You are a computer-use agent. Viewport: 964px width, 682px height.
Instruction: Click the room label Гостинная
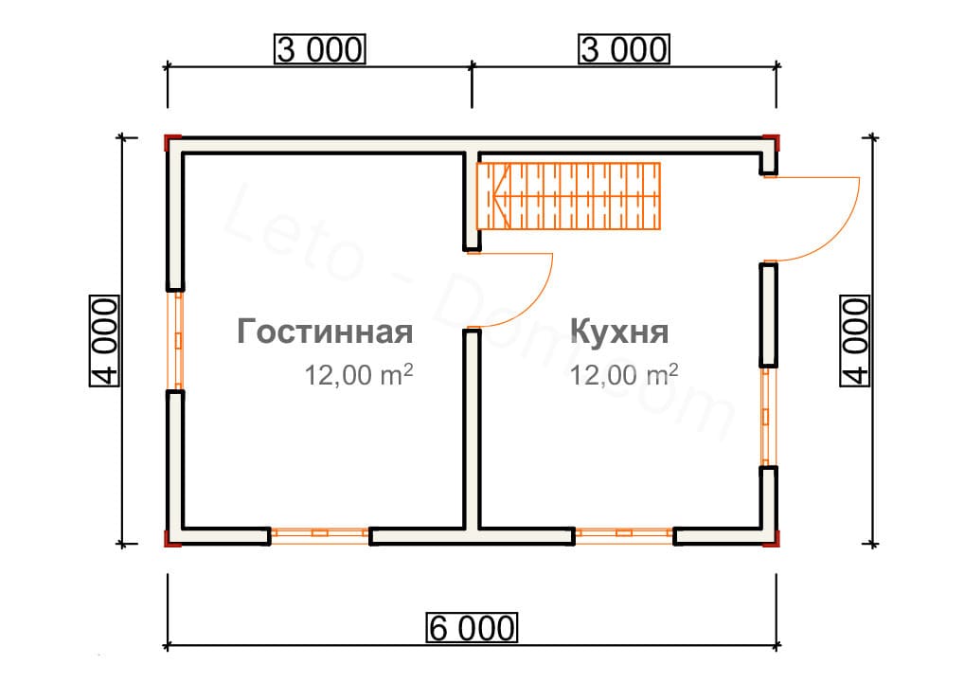pos(325,332)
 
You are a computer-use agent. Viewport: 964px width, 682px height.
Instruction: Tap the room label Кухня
pos(620,332)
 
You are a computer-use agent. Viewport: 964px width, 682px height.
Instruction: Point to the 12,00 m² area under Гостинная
pos(359,375)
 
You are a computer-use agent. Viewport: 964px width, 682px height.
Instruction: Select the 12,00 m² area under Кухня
pos(624,375)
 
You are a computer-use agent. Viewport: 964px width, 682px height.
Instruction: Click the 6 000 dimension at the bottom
pos(473,627)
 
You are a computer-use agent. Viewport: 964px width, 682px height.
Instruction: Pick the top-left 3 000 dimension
pos(319,49)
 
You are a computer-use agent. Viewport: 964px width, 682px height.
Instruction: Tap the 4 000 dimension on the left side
pos(104,341)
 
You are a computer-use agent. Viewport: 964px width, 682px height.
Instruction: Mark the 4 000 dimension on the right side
pos(854,341)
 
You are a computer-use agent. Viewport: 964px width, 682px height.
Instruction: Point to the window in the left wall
pos(176,340)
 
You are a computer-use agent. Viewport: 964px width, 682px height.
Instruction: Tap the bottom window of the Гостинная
pos(319,534)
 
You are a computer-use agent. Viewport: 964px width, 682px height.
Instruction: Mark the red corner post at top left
pos(170,143)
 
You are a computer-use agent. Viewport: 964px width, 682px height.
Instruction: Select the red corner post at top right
pos(774,143)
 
